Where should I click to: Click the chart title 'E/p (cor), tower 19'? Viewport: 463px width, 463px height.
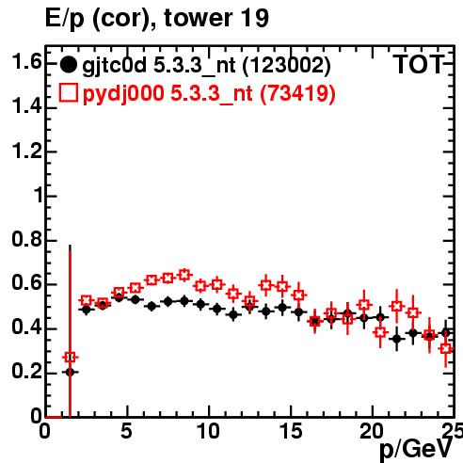157,18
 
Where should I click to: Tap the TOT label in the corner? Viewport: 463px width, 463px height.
419,64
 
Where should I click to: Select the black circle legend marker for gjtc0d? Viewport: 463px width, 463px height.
68,65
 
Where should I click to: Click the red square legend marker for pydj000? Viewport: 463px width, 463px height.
68,92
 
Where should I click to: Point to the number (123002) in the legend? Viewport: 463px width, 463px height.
286,66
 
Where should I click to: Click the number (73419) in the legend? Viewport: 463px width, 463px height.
297,93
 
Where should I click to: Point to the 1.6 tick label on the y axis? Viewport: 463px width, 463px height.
26,61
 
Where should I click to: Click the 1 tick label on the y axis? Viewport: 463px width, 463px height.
39,196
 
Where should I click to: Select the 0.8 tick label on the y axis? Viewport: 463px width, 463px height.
26,240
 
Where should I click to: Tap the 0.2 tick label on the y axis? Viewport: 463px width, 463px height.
26,372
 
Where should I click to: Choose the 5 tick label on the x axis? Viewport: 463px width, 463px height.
126,431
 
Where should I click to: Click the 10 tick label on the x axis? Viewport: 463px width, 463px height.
208,431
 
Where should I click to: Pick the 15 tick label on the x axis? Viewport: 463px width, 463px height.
291,431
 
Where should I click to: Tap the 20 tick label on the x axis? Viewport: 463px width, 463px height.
372,431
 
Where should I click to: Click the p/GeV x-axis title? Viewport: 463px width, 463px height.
416,449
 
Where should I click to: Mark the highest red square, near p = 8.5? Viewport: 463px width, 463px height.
184,275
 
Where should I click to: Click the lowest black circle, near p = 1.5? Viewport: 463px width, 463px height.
70,373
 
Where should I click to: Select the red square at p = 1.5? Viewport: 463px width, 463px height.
70,357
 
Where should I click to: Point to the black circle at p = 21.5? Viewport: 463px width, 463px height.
397,339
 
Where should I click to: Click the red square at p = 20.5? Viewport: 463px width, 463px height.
380,332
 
